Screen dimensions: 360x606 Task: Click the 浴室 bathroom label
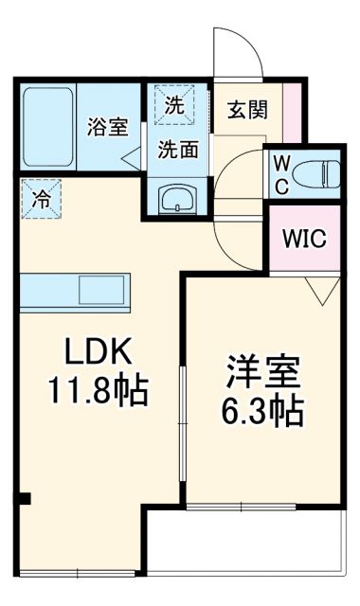[106, 127]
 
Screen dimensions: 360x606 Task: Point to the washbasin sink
[176, 199]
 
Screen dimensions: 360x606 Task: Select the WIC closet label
[305, 238]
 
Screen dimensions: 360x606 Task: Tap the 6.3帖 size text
[264, 410]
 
